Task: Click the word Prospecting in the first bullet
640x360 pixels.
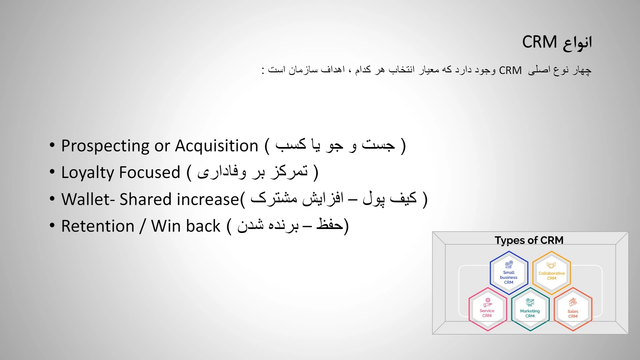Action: (105, 146)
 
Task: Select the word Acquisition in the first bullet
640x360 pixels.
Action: (217, 146)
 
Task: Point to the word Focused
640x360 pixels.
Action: (150, 172)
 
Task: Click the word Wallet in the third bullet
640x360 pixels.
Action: (85, 199)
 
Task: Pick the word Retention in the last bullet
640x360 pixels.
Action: (98, 226)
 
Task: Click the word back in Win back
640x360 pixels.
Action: (204, 226)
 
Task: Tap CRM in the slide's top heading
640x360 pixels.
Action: (540, 42)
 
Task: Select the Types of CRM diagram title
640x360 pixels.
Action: (529, 240)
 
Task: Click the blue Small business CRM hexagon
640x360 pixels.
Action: (509, 273)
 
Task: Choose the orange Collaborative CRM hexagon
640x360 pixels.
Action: (552, 273)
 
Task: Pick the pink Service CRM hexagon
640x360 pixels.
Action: (488, 309)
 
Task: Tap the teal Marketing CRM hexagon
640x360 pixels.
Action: (530, 309)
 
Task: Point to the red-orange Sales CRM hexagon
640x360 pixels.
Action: (573, 309)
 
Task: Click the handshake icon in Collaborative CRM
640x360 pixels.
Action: (551, 265)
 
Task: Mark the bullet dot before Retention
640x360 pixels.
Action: (52, 225)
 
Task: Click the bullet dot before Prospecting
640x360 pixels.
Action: (52, 145)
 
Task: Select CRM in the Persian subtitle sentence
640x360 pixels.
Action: (510, 70)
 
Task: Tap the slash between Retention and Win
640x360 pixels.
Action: (143, 226)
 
